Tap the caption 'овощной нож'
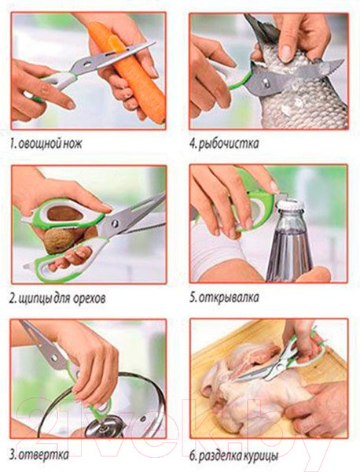click(50, 144)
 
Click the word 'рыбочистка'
click(229, 144)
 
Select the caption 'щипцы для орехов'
click(62, 299)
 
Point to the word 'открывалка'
click(229, 297)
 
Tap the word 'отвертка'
click(43, 455)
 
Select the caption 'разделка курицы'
click(238, 456)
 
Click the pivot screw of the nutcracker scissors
click(114, 223)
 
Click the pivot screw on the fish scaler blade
click(266, 82)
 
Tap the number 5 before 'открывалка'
click(193, 297)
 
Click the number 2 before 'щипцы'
click(13, 299)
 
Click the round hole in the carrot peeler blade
click(87, 64)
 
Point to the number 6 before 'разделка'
click(193, 456)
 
